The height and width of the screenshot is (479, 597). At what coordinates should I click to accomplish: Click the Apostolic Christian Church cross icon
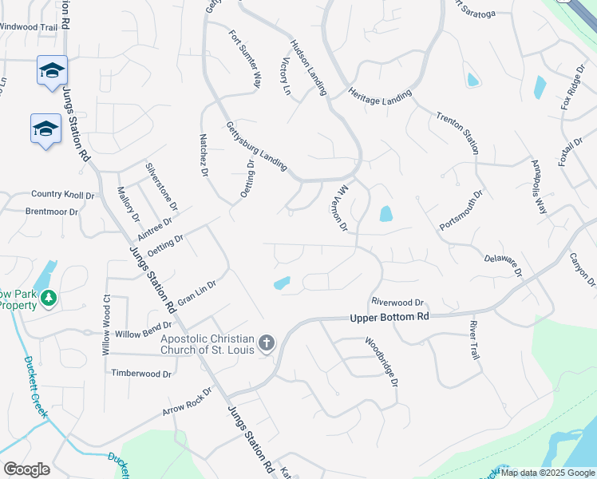pos(267,344)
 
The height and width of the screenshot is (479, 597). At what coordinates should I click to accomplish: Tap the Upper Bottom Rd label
pos(389,317)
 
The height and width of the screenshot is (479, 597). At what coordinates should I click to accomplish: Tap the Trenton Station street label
pos(457,133)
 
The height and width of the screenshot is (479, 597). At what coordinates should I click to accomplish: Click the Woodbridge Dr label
pos(382,362)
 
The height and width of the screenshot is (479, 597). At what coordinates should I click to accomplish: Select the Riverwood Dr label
pos(397,302)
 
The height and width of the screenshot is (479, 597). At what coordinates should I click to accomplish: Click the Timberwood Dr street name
pos(141,373)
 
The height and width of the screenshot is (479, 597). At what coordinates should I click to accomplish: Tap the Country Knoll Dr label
pos(62,194)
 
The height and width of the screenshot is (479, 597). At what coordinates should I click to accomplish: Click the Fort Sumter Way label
pos(246,59)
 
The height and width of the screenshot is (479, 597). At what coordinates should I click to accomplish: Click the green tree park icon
pos(49,299)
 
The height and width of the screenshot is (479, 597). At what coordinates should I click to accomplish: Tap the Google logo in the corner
pos(26,469)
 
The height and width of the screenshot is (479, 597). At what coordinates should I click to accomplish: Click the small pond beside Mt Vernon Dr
pos(386,214)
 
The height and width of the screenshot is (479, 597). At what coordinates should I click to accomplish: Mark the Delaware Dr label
pos(503,266)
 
